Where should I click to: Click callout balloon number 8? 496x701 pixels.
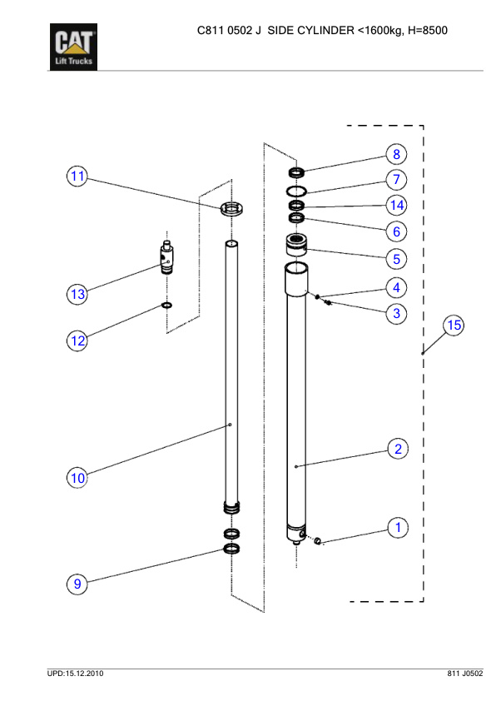coord(397,154)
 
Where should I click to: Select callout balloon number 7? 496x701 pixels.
coord(397,180)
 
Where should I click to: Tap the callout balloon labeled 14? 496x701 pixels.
coord(397,205)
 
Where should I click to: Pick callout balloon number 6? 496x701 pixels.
coord(397,231)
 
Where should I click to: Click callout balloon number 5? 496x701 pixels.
coord(397,258)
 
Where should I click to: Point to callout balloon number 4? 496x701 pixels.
coord(397,287)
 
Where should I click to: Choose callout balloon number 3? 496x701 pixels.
coord(397,313)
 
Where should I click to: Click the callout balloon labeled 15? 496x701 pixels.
coord(454,325)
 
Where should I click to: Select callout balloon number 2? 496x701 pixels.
coord(398,450)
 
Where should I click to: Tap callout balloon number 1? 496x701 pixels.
coord(398,527)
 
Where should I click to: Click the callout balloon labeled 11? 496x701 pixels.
coord(77,176)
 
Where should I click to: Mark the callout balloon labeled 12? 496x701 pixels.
coord(77,341)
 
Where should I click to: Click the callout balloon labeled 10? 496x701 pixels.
coord(77,478)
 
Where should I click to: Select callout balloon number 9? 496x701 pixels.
coord(77,584)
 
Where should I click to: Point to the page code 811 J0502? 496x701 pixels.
coord(459,672)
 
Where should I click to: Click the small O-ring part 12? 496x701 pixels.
coord(167,306)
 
